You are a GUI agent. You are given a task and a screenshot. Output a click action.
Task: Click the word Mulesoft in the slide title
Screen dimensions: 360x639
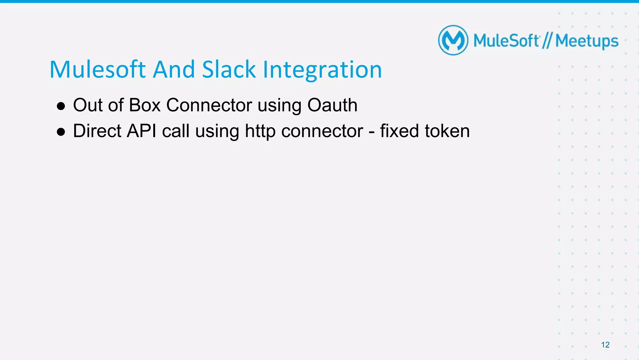pos(98,70)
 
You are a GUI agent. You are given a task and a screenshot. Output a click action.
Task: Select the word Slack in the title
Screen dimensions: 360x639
pos(229,70)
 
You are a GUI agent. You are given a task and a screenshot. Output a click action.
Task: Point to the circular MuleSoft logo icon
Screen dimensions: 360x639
pos(453,40)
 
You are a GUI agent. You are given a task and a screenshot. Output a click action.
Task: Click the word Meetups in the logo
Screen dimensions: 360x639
pos(587,41)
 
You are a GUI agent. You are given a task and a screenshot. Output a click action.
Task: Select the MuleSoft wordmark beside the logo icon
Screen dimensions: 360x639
pos(506,41)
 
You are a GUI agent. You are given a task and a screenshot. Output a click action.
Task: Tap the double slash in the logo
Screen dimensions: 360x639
pos(547,41)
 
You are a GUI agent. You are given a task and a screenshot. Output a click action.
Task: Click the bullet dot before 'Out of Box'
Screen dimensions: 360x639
pos(61,106)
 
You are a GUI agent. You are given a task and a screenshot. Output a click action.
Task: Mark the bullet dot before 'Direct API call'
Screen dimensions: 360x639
pos(61,132)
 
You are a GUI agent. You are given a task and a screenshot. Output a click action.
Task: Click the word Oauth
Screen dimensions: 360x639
pos(332,105)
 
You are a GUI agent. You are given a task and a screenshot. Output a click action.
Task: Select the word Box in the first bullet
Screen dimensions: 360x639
pos(144,105)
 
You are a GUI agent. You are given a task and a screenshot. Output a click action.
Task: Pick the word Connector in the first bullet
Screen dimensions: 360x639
pos(209,105)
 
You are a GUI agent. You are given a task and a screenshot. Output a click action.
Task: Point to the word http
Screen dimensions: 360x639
pos(260,131)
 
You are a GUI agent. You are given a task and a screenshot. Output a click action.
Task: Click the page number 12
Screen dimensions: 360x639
pos(605,345)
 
